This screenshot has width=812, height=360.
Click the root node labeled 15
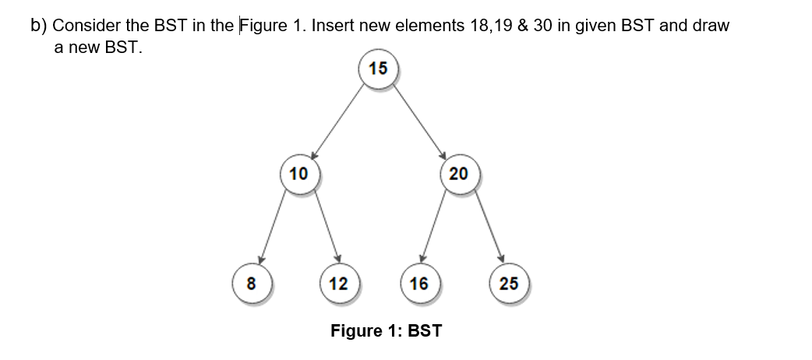coord(378,69)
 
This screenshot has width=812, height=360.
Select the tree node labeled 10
coord(298,173)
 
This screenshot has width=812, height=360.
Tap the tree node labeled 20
coord(458,173)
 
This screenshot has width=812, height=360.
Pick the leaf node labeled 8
coord(251,282)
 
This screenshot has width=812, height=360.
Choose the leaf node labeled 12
coord(339,282)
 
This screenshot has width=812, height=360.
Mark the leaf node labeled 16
coord(419,282)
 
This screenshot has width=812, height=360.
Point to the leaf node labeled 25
coord(508,282)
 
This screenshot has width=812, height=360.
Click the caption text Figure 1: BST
coord(386,330)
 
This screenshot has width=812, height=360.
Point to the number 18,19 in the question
coord(497,25)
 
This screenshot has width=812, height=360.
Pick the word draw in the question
coord(712,25)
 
